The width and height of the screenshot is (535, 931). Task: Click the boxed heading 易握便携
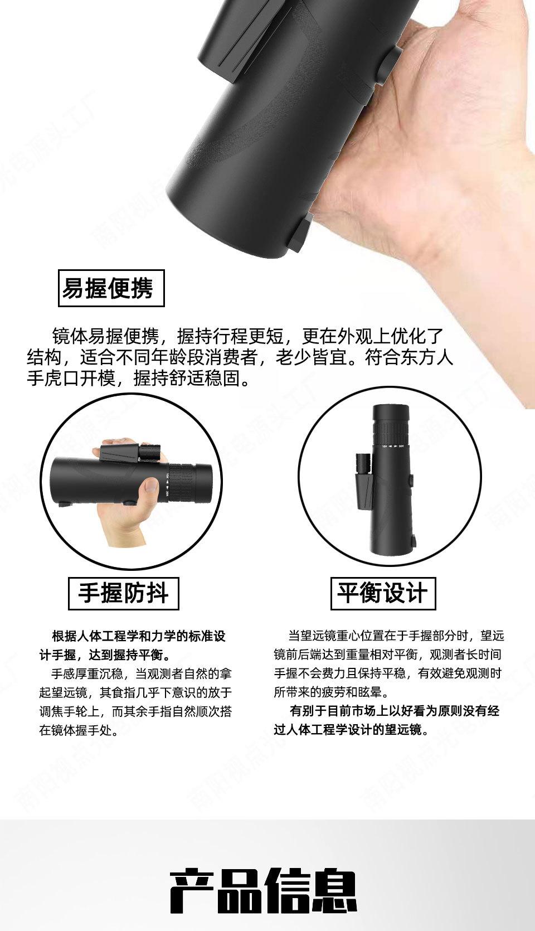tap(111, 288)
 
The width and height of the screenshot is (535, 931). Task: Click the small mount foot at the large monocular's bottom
tap(299, 231)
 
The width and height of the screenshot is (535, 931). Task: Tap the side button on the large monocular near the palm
tap(393, 62)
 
